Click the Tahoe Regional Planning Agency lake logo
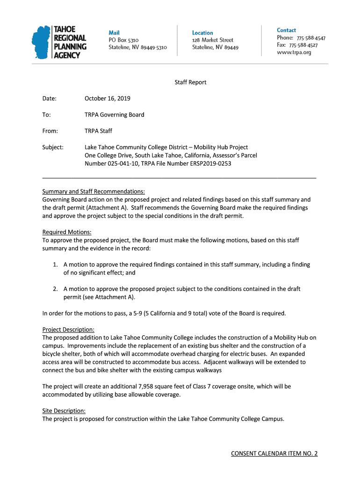(41, 42)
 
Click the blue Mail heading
(114, 32)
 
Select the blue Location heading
(202, 33)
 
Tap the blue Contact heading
(286, 30)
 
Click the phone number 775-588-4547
(307, 38)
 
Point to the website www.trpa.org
(294, 52)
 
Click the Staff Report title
(190, 82)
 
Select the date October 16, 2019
(108, 99)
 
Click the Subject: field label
(53, 147)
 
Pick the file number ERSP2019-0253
(209, 164)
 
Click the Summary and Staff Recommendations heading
(94, 191)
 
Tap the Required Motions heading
(67, 232)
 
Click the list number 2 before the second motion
(55, 289)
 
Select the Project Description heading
(68, 329)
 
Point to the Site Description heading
(64, 411)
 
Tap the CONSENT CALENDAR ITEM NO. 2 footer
(274, 454)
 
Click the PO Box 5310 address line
(123, 40)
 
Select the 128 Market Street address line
(213, 40)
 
